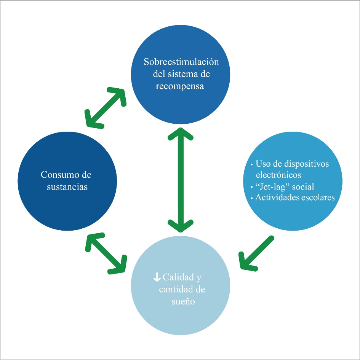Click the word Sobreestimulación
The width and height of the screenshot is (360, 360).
(181, 62)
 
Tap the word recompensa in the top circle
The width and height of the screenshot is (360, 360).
(180, 86)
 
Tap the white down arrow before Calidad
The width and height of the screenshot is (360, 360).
(156, 278)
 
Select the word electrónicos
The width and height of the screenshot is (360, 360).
(278, 175)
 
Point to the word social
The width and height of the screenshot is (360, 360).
(303, 186)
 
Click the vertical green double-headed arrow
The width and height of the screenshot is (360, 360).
(180, 179)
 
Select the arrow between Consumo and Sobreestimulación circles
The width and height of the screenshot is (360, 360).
(106, 107)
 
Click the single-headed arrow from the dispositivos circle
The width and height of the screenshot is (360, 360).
(256, 253)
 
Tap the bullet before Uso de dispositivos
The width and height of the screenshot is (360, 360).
(252, 165)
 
